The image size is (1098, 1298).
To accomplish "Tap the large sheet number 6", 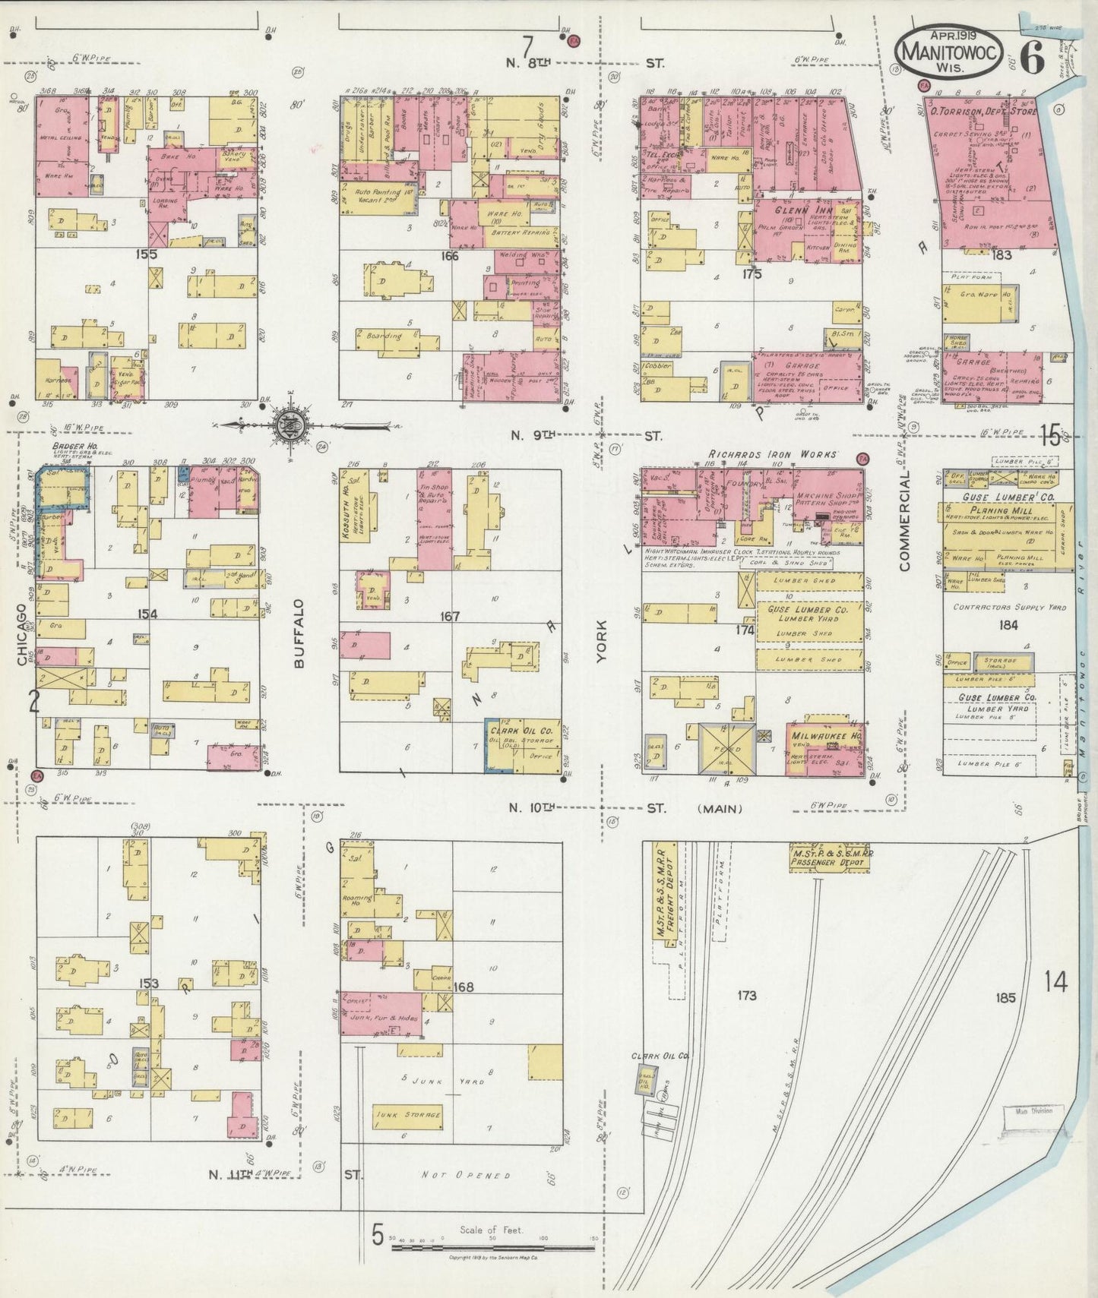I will point(1031,55).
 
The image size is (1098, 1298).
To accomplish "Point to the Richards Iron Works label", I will point(772,454).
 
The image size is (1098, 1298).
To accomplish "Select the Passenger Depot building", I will point(829,857).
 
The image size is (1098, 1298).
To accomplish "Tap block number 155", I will point(146,254).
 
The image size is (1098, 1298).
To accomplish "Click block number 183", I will point(1001,255).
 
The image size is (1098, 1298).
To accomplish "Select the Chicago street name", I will point(22,635).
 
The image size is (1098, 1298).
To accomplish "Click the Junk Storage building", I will point(408,1114).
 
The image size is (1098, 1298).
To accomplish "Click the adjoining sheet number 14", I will point(1055,982).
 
